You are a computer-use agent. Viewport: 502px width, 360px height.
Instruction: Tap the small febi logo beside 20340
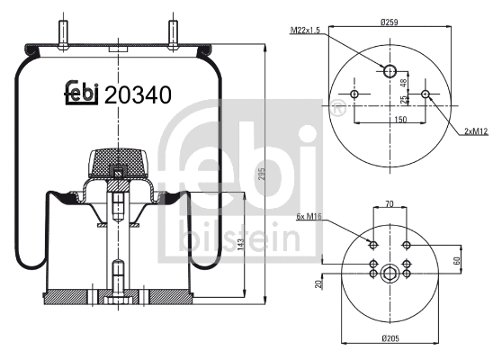81,94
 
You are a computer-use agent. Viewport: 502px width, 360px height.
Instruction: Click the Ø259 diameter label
390,21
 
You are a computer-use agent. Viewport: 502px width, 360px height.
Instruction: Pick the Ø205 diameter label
390,339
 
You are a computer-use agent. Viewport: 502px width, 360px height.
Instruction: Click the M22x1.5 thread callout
307,31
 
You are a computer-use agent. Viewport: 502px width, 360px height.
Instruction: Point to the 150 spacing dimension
390,118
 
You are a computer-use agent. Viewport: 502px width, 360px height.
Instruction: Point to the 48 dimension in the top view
403,83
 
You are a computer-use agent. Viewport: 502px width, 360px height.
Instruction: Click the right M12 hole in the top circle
424,95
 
